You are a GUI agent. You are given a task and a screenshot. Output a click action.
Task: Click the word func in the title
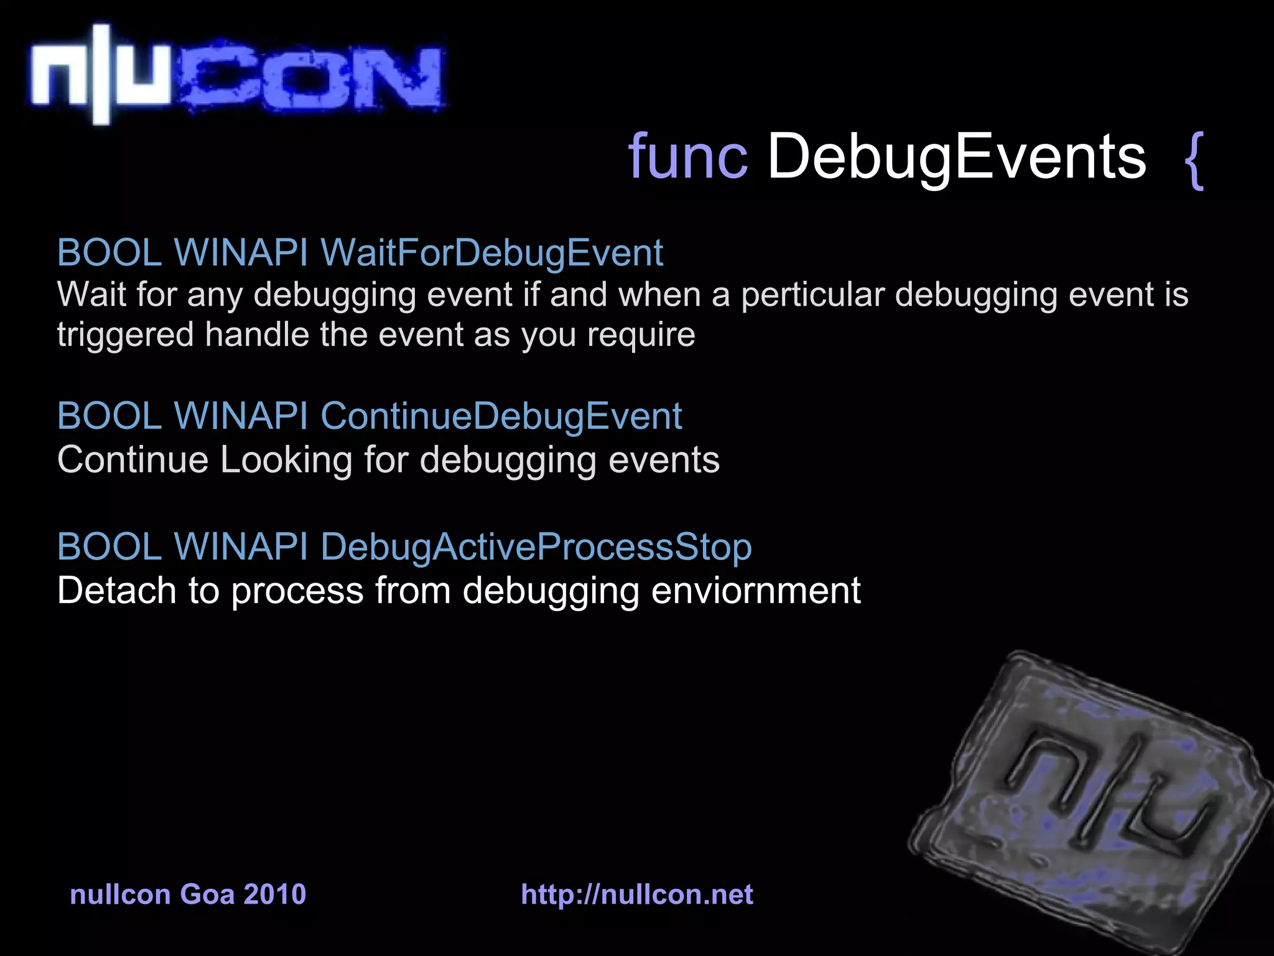coord(687,157)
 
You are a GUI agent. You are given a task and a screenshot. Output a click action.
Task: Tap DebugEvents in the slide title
coord(956,158)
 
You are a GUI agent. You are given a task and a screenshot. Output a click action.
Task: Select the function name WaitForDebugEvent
coord(491,253)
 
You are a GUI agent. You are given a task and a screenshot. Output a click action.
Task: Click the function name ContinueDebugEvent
coord(501,416)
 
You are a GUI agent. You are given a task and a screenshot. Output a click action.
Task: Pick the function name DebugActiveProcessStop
coord(536,546)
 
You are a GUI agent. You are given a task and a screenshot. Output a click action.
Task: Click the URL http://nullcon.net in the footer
coord(637,894)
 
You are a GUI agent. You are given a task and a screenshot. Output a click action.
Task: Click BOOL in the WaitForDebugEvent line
coord(109,253)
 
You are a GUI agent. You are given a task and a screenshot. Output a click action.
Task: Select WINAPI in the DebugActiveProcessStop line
coord(241,546)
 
